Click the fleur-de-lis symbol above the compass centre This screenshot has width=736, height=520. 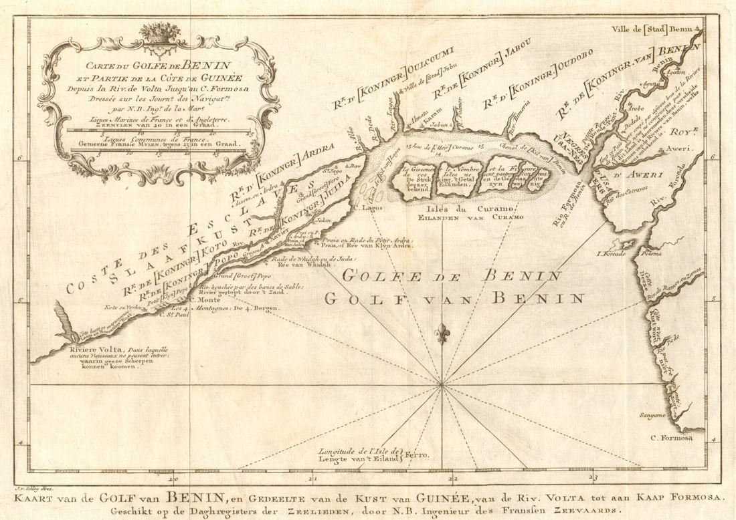[442, 333]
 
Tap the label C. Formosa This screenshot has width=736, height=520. [673, 438]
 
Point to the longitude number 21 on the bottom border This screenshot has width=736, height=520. [312, 478]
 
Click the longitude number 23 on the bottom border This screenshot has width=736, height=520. [592, 478]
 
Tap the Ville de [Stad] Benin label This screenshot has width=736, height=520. [653, 29]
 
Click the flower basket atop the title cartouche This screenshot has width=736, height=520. [159, 33]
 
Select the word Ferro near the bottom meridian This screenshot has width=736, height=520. [415, 455]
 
